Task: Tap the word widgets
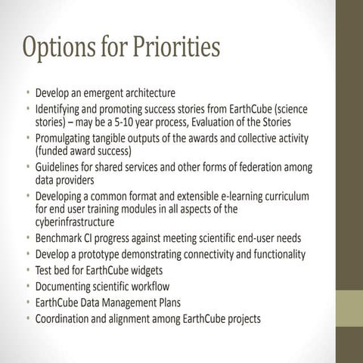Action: point(144,270)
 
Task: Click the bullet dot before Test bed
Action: point(28,270)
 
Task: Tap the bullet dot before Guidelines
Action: point(28,166)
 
